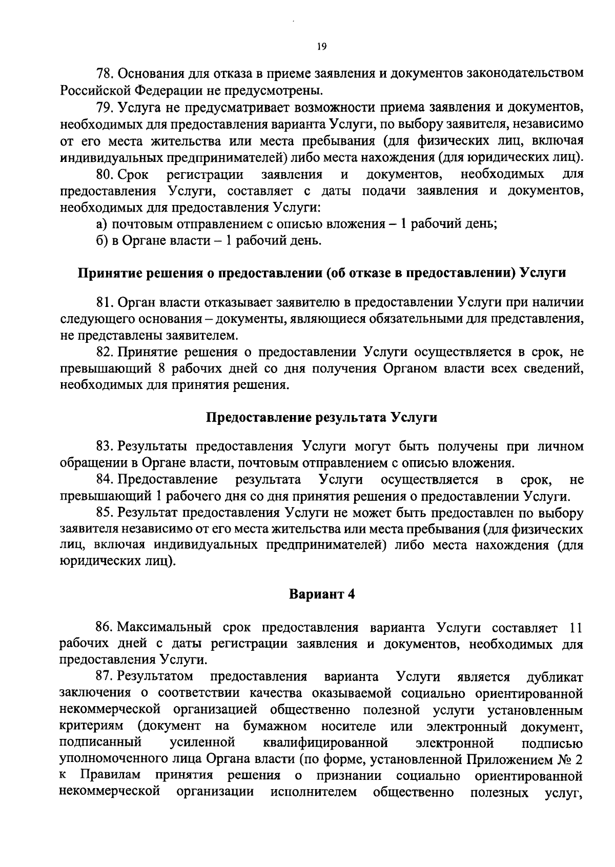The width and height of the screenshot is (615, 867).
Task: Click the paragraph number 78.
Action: tap(105, 73)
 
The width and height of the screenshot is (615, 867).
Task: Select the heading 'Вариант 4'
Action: tap(322, 594)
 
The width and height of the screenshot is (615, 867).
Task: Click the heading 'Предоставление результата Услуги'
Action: tap(321, 417)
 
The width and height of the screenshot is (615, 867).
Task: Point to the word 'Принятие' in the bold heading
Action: tap(107, 273)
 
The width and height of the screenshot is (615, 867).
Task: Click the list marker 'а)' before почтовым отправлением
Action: tap(102, 224)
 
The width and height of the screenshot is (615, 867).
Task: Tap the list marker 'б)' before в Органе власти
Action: tap(102, 240)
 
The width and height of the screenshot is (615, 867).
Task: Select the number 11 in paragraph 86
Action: tap(576, 628)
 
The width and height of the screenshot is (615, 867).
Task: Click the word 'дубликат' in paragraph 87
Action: tap(555, 677)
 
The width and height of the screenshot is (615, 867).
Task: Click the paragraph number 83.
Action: tap(105, 446)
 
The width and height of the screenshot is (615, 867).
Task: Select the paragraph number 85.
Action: tap(105, 513)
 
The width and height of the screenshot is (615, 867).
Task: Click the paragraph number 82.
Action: tap(105, 352)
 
